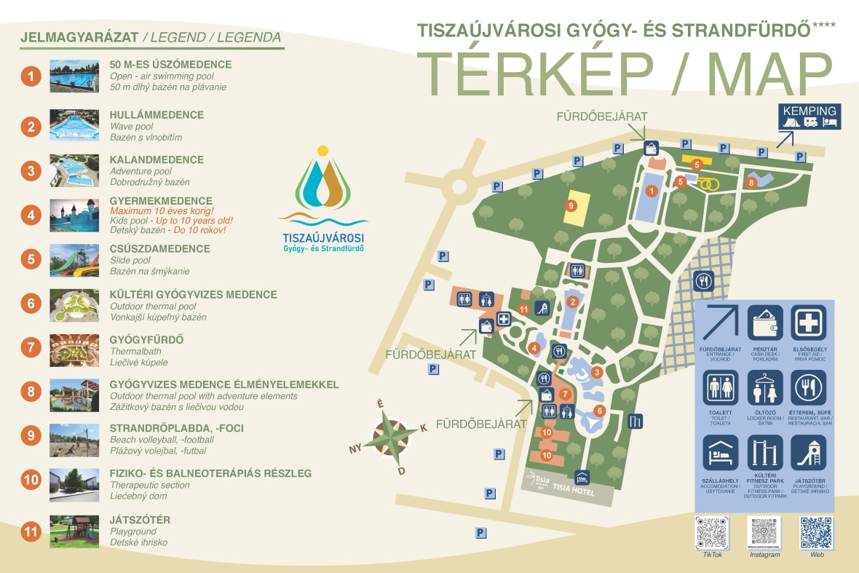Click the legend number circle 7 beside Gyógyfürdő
[x=31, y=347]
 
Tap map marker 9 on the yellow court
[x=571, y=205]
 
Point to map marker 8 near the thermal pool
[x=751, y=183]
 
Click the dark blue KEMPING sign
[x=809, y=116]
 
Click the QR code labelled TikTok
[x=712, y=533]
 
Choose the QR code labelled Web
[x=817, y=533]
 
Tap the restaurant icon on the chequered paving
[x=703, y=281]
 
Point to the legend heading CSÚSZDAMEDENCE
[x=159, y=249]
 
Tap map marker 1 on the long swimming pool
[x=652, y=190]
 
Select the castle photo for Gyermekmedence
[x=74, y=215]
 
